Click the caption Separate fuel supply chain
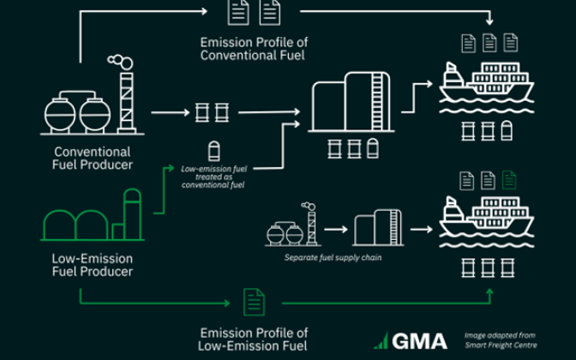click(x=333, y=257)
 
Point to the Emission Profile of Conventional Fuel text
click(x=254, y=49)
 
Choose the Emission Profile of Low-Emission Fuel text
click(x=254, y=339)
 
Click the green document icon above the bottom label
click(x=254, y=302)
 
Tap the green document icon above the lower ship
click(x=510, y=180)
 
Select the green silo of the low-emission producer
click(x=131, y=214)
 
